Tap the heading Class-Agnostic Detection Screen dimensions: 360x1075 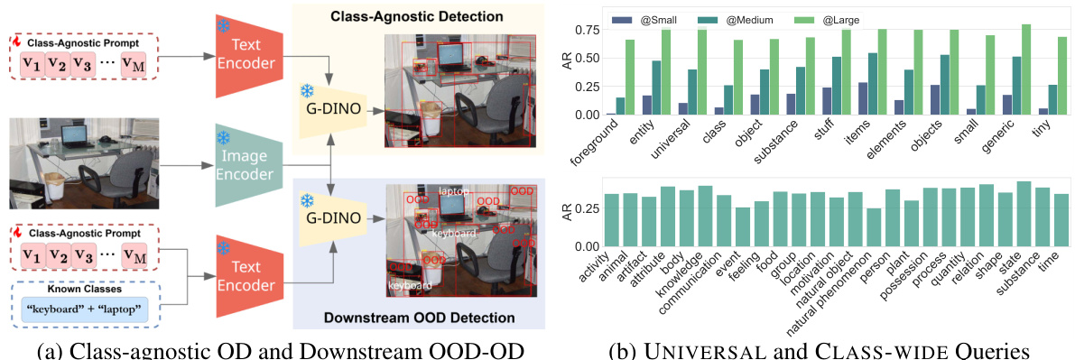(416, 16)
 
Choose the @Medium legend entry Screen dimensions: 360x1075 (730, 18)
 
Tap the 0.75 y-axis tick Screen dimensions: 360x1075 (588, 29)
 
